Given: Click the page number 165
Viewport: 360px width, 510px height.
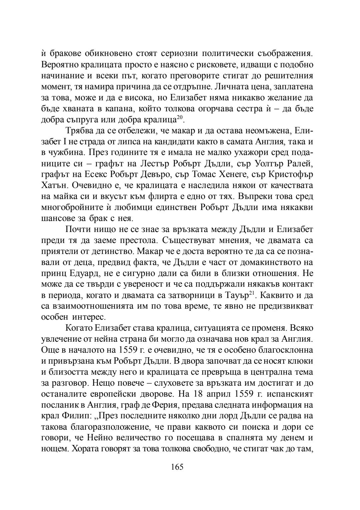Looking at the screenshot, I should [x=177, y=467].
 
